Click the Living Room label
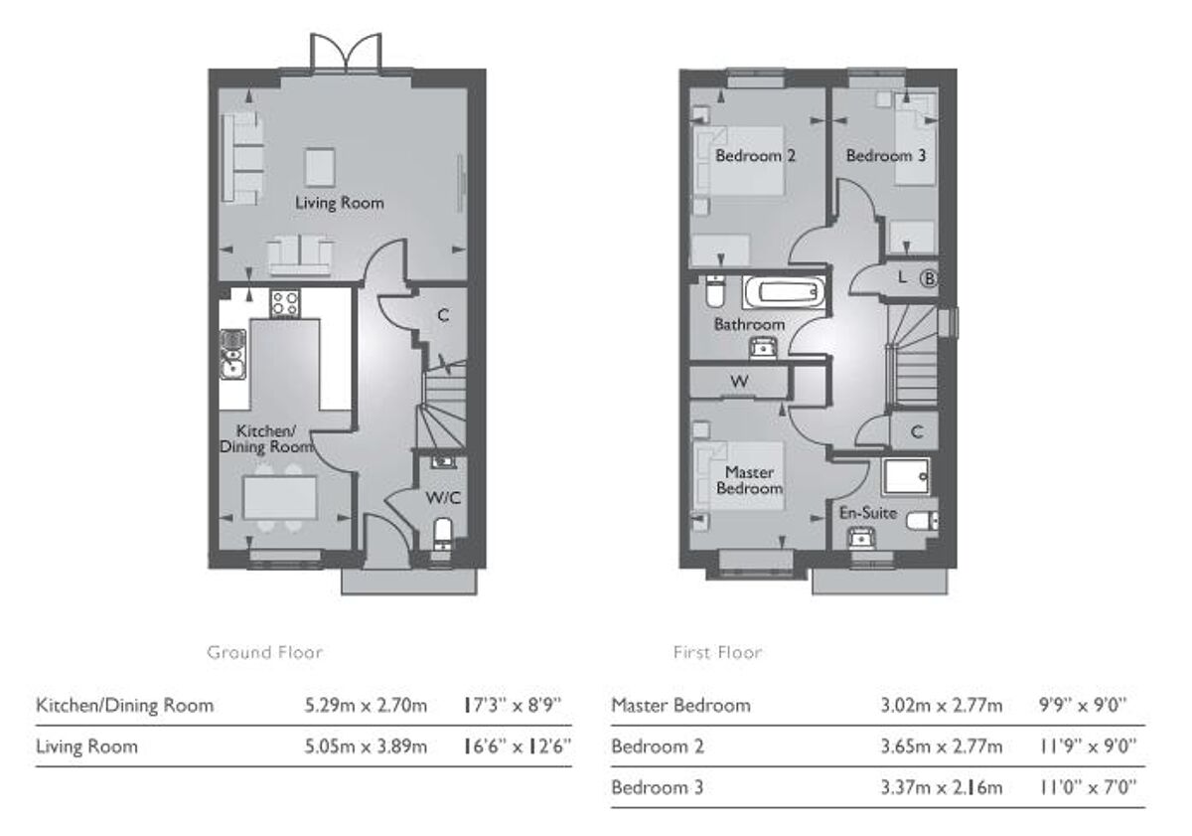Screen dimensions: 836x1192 pyautogui.click(x=339, y=203)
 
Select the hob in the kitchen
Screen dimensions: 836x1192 pyautogui.click(x=285, y=302)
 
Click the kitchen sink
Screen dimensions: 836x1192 pyautogui.click(x=232, y=356)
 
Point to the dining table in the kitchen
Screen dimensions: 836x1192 pyautogui.click(x=280, y=497)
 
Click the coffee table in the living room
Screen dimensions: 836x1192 pyautogui.click(x=320, y=166)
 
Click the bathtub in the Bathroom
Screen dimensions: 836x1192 pyautogui.click(x=784, y=293)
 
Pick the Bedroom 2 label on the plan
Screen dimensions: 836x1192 pyautogui.click(x=755, y=156)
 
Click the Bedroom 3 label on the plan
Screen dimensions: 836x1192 pyautogui.click(x=878, y=156)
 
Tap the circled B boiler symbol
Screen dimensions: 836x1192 pyautogui.click(x=929, y=278)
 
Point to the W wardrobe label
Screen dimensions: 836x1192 pyautogui.click(x=739, y=382)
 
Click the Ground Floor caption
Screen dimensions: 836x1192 pyautogui.click(x=264, y=653)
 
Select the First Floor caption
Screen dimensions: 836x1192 pyautogui.click(x=717, y=653)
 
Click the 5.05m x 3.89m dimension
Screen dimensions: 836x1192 pyautogui.click(x=366, y=746)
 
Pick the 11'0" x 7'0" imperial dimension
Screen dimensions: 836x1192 pyautogui.click(x=1087, y=788)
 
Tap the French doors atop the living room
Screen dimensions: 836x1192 pyautogui.click(x=345, y=53)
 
